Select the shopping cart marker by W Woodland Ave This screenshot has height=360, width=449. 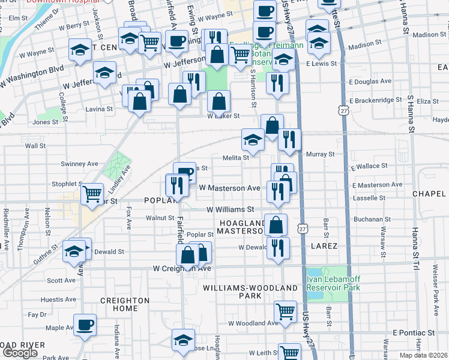(285, 311)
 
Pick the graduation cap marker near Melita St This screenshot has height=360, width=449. (253, 141)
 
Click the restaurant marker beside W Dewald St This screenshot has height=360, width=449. (277, 248)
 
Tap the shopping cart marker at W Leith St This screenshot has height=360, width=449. (290, 353)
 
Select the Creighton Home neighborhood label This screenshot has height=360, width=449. (125, 304)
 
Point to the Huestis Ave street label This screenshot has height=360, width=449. (62, 299)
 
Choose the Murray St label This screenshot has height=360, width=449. (320, 155)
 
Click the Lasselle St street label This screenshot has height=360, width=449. (369, 198)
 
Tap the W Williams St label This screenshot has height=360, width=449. (230, 210)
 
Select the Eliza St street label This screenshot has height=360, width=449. (427, 101)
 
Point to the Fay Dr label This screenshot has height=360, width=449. (37, 314)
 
